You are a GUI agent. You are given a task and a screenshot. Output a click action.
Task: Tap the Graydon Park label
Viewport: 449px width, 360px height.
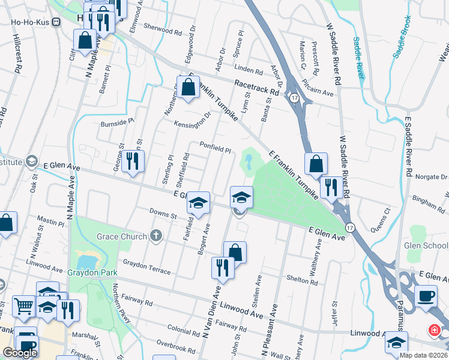click(92, 272)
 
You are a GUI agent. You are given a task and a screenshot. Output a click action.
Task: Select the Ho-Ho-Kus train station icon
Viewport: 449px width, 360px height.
click(57, 23)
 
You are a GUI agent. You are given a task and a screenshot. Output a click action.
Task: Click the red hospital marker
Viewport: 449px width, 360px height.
click(433, 331)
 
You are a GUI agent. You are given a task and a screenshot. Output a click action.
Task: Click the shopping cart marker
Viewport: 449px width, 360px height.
click(23, 306)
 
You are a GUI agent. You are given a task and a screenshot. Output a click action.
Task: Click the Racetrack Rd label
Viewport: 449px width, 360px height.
click(257, 88)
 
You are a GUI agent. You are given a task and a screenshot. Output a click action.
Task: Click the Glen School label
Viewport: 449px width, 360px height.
click(426, 245)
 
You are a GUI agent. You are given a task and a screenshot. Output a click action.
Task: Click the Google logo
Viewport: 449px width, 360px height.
click(20, 353)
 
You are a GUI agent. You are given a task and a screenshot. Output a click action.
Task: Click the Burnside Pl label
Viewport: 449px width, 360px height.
click(117, 122)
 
